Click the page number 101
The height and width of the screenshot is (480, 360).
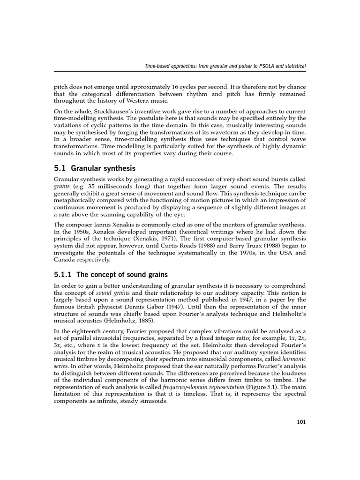click(301, 422)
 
